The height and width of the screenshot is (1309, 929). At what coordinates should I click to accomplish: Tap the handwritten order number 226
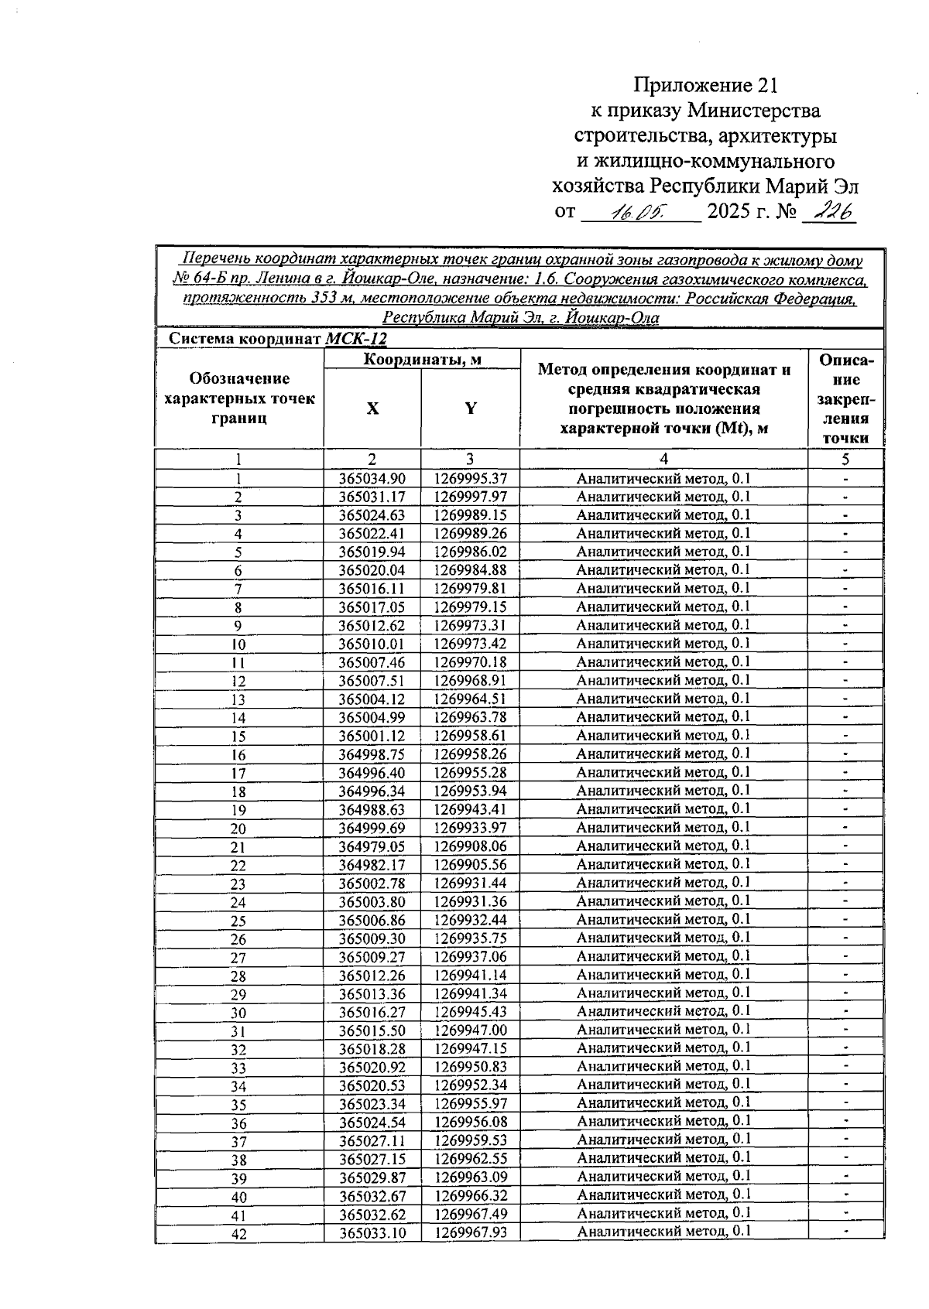[x=828, y=210]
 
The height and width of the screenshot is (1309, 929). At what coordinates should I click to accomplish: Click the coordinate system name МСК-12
[x=356, y=339]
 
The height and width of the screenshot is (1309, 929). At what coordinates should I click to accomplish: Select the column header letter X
[x=372, y=408]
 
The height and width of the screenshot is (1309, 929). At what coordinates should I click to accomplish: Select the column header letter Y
[x=470, y=408]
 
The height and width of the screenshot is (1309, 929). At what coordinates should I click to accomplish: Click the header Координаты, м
[x=423, y=359]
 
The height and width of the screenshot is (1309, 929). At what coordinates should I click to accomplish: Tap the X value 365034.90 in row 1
[x=372, y=479]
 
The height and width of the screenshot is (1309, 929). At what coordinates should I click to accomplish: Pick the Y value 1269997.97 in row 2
[x=470, y=497]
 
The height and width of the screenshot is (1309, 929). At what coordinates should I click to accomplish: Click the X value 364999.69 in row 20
[x=372, y=829]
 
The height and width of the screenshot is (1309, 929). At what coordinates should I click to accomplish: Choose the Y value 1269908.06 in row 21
[x=470, y=847]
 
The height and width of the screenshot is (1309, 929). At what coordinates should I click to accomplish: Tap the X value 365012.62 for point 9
[x=372, y=626]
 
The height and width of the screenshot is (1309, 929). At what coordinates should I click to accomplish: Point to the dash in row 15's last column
[x=845, y=736]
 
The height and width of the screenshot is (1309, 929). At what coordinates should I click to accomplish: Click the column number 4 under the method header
[x=663, y=459]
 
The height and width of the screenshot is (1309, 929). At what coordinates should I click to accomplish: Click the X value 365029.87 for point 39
[x=372, y=1177]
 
